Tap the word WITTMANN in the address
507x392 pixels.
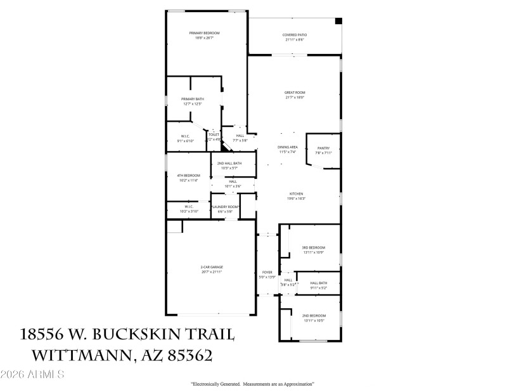click(73, 355)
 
